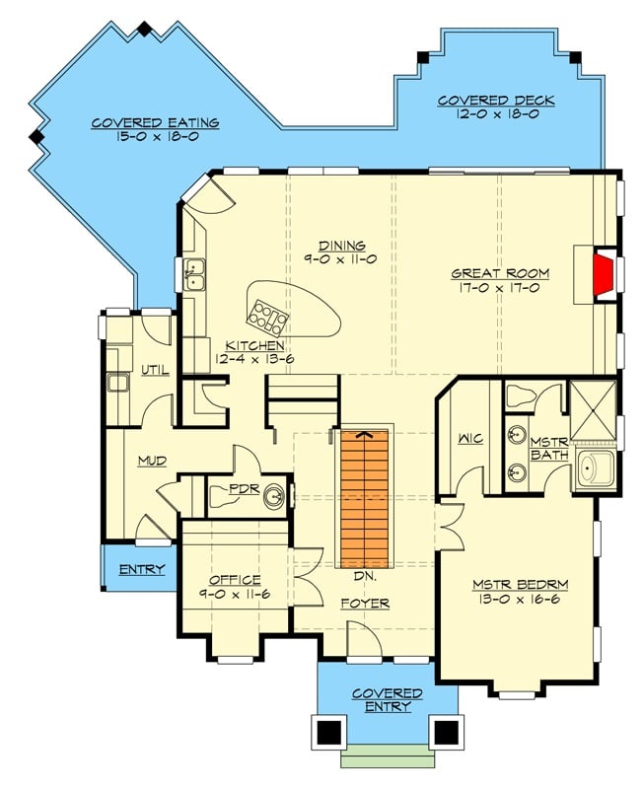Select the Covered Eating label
(x=156, y=123)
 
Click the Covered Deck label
(x=495, y=101)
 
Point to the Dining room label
(x=342, y=246)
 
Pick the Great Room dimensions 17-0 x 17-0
(x=500, y=289)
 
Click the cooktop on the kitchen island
(x=267, y=316)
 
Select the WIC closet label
(x=468, y=437)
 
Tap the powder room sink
(x=276, y=496)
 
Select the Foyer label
(x=365, y=603)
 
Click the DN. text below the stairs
(x=365, y=574)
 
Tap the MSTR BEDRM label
(x=520, y=584)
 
